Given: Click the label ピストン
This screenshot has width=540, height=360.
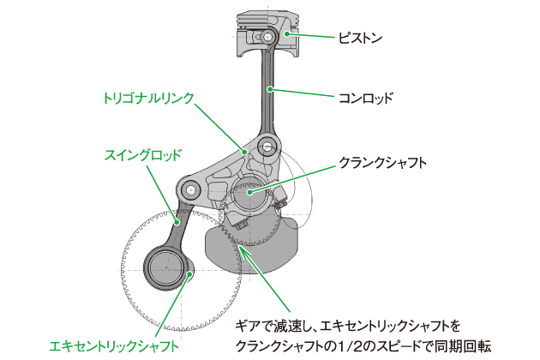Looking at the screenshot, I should click(x=359, y=38).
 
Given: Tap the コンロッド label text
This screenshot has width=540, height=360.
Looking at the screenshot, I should click(x=366, y=98).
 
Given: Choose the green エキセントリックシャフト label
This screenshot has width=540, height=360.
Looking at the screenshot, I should click(x=114, y=346).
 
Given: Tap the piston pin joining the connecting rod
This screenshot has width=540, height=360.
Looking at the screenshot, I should click(x=269, y=38).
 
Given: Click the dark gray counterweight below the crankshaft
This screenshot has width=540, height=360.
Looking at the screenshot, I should click(x=249, y=244).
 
